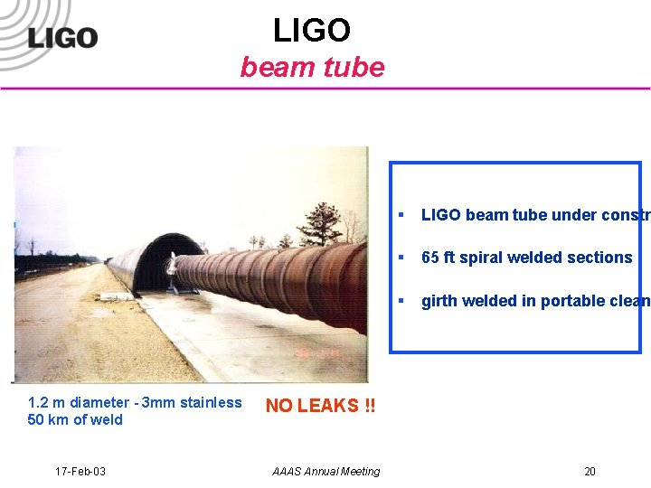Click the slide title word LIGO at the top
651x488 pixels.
[x=312, y=31]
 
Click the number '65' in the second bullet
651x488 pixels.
[x=430, y=258]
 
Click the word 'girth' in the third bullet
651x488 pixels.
[x=439, y=301]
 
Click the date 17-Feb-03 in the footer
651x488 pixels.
[x=80, y=471]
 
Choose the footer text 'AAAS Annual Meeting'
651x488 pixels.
[x=325, y=471]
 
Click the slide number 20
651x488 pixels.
[x=590, y=471]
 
